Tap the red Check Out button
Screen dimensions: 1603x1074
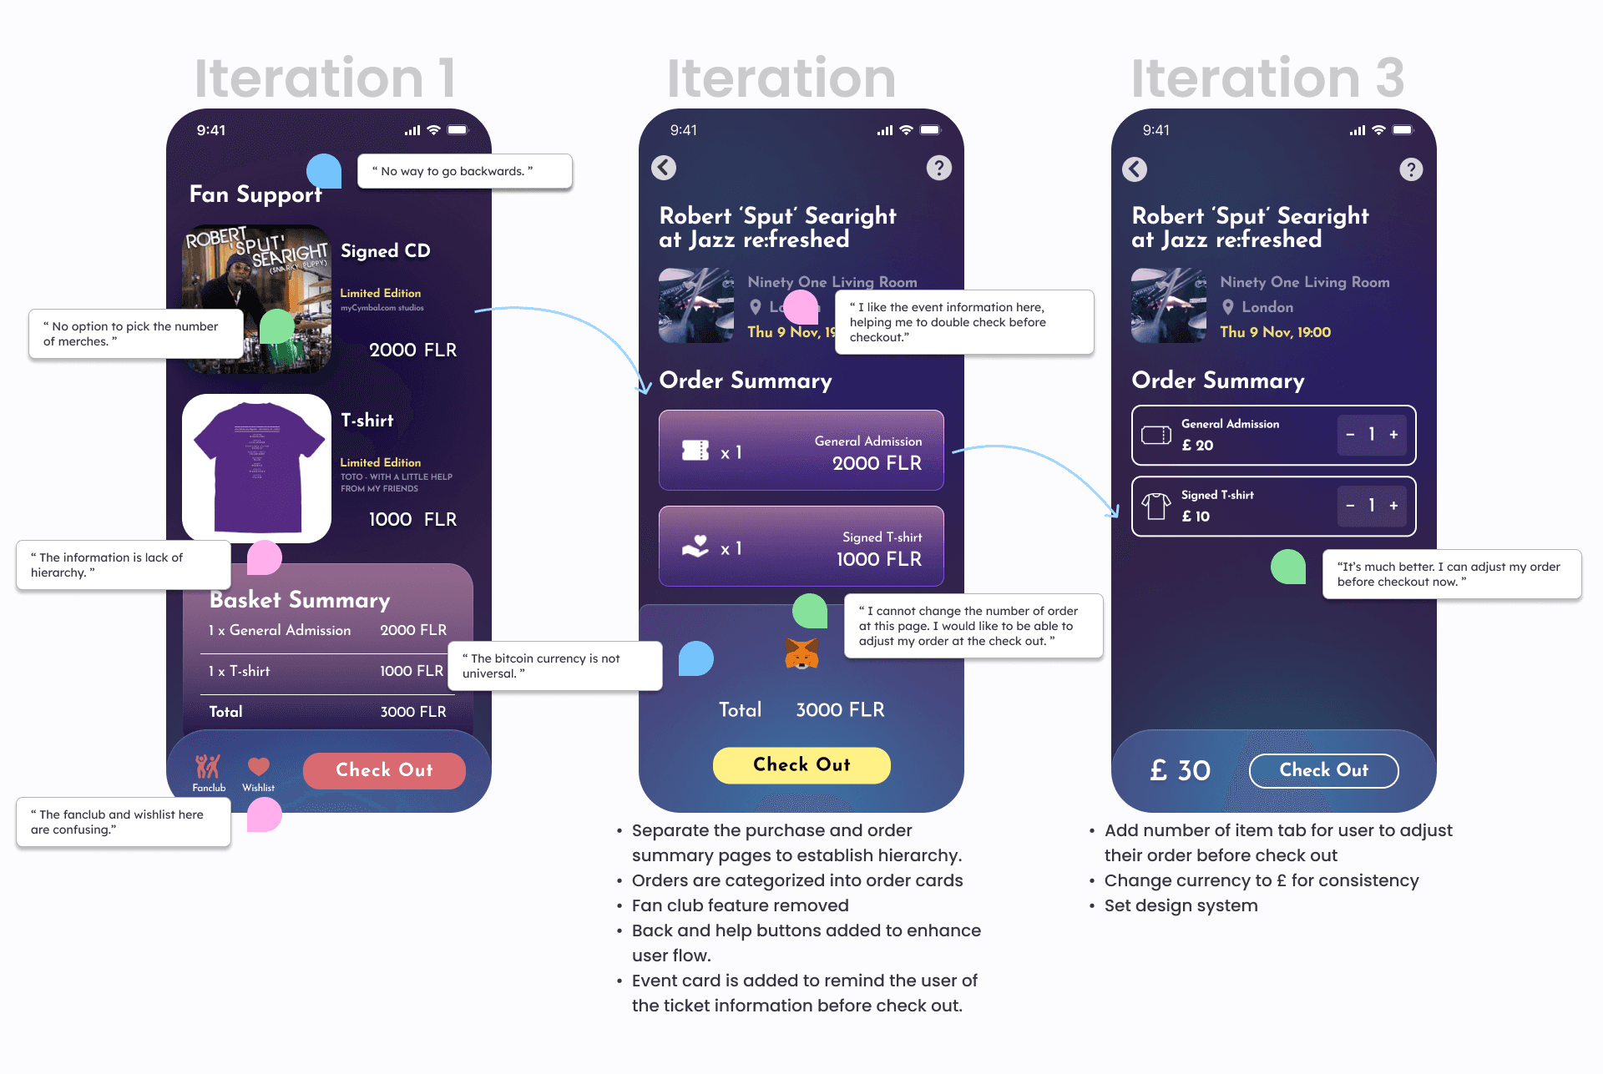[384, 770]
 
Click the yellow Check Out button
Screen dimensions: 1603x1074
[801, 764]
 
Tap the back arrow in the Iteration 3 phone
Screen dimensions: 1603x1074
[1135, 169]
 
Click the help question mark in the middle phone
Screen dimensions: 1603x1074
[939, 168]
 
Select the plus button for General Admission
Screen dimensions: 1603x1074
[1393, 435]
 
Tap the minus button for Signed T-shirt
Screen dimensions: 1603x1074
[1350, 506]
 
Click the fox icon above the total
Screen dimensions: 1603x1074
[801, 653]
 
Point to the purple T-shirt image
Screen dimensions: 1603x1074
[257, 467]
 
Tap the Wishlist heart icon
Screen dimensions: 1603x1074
[259, 766]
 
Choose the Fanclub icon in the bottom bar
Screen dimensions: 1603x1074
[208, 766]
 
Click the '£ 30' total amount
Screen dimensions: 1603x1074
[1180, 770]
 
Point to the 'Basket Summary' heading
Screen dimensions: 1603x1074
[300, 600]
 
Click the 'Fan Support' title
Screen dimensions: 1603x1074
[255, 194]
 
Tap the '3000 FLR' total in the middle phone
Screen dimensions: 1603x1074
[840, 710]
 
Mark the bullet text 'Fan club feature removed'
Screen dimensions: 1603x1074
[740, 905]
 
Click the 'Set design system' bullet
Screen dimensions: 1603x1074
[1181, 905]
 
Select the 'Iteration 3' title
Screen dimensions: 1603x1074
[1267, 78]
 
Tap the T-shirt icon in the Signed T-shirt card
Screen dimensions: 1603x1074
[1156, 506]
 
